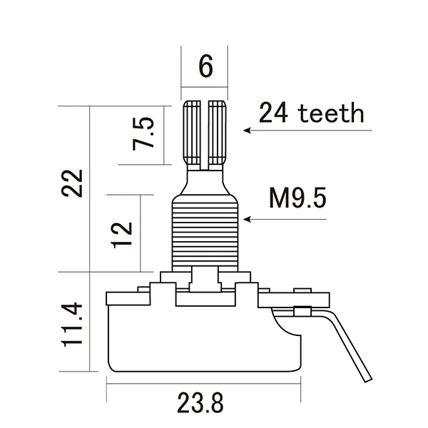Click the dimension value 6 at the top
point(205,67)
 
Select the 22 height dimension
point(72,184)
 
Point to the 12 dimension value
point(122,233)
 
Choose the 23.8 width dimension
point(200,403)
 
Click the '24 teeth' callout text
point(311,112)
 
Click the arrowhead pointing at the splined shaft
point(247,131)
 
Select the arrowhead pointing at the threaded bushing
point(247,219)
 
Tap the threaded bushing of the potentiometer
point(204,232)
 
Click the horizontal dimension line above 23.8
point(203,382)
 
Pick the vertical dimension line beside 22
point(89,189)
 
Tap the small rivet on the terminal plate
point(302,311)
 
